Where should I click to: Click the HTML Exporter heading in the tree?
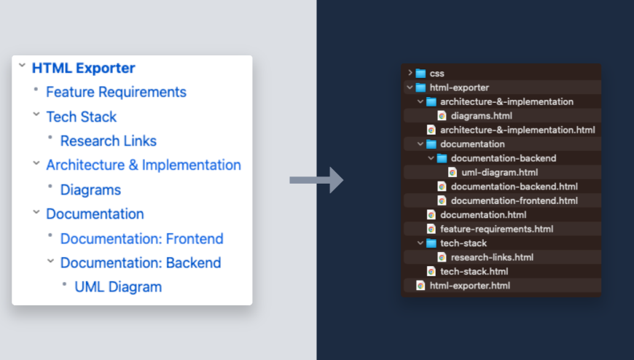(83, 68)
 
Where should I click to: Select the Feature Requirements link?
(116, 92)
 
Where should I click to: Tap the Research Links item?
(108, 141)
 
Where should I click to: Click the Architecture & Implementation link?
(143, 165)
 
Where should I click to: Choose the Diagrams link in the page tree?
(90, 189)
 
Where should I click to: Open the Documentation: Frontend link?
(141, 238)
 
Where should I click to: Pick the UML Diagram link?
(118, 286)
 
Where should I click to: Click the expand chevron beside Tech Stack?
(36, 114)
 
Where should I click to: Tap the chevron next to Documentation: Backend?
(50, 260)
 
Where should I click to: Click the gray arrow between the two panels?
(316, 180)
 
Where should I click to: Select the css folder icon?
(420, 73)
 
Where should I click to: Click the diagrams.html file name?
(481, 116)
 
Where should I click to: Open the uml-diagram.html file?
(499, 173)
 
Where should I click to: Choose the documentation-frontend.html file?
(514, 201)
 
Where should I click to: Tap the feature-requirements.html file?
(496, 229)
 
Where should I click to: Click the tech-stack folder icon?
(431, 243)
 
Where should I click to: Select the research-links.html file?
(492, 257)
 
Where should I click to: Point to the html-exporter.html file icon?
(420, 286)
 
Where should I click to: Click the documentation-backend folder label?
(504, 158)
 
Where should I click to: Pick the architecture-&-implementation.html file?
(517, 130)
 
